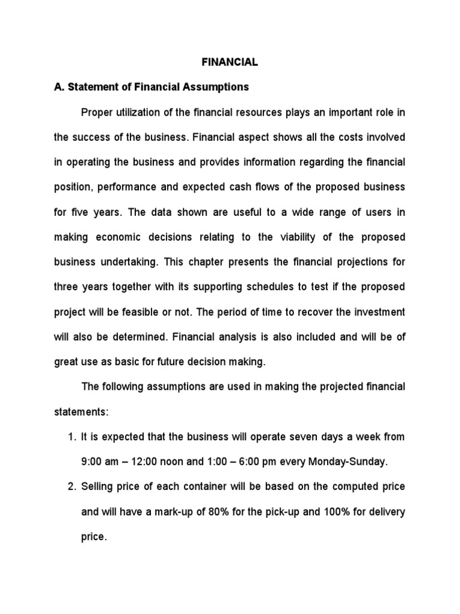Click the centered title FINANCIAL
pos(230,62)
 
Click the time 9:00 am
pos(101,462)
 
